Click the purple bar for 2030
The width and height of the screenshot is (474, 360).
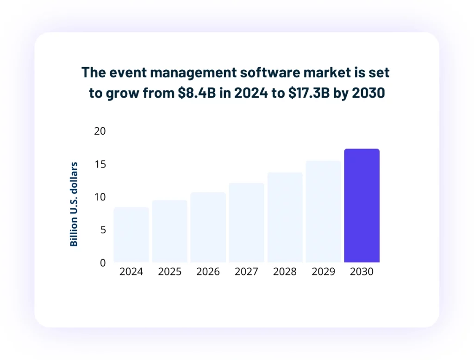coord(362,205)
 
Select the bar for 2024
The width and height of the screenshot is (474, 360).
coord(131,235)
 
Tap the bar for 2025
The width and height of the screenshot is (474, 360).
coord(169,231)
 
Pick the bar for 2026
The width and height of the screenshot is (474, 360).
coord(208,227)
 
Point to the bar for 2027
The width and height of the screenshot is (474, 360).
coord(246,223)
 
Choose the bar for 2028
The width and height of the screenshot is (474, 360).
coord(285,217)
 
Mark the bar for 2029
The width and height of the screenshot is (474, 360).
coord(323,211)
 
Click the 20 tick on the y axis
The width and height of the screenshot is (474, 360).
coord(100,131)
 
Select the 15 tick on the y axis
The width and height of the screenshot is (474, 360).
coord(100,164)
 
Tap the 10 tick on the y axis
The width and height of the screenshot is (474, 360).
coord(100,197)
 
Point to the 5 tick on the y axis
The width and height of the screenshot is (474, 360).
coord(103,230)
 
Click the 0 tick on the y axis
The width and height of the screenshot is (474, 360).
coord(103,263)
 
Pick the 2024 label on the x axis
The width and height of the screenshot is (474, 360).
coord(131,272)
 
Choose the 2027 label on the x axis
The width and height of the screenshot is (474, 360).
coord(246,272)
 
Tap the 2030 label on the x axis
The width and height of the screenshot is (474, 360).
coord(362,272)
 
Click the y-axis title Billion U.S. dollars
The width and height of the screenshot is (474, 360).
coord(74,204)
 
